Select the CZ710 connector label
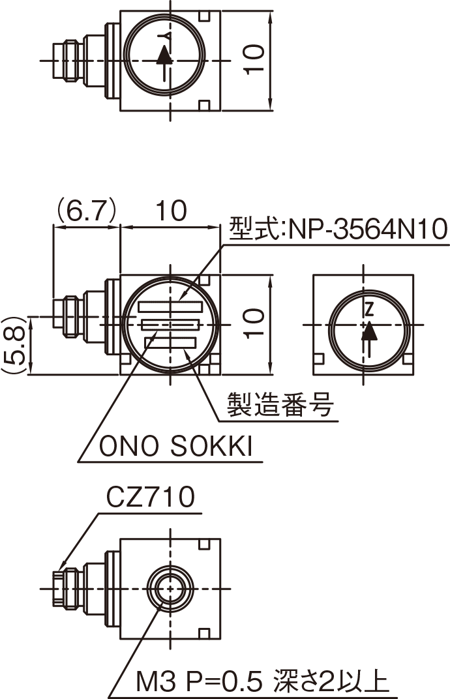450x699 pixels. tap(151, 498)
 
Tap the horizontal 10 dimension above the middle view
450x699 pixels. tap(171, 211)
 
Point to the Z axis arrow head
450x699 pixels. tap(369, 331)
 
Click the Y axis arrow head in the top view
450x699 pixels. tap(165, 56)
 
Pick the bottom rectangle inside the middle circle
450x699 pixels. tap(171, 342)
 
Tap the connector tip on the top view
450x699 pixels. tap(57, 59)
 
